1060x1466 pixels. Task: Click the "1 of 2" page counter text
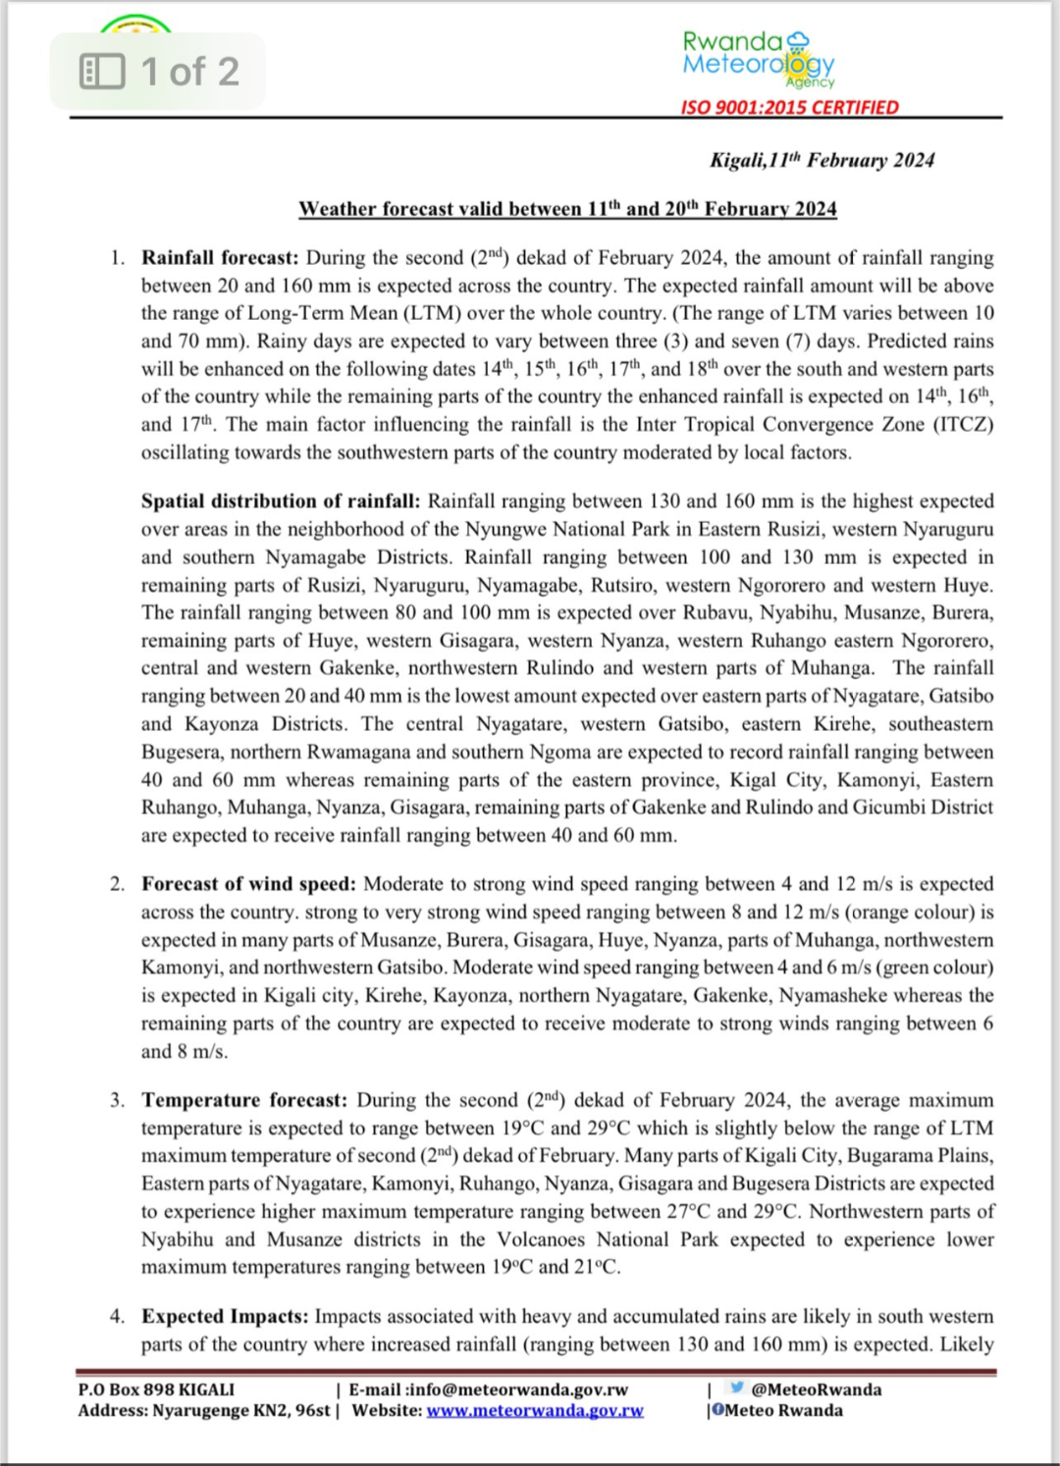(x=189, y=72)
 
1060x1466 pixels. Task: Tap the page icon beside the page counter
(x=102, y=72)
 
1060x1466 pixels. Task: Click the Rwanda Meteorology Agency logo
(x=759, y=58)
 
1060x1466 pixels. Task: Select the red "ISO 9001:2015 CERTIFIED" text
(x=789, y=107)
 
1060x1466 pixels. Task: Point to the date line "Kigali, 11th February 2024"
(x=821, y=160)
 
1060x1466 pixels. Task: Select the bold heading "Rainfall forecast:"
(x=220, y=258)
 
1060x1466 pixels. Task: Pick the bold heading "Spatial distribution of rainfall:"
(x=281, y=501)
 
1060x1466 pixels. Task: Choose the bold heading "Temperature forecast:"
(x=244, y=1100)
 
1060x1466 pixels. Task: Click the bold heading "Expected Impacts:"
(x=225, y=1316)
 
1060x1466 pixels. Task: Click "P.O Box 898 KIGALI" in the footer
(x=156, y=1389)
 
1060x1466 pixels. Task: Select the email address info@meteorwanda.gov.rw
(x=517, y=1389)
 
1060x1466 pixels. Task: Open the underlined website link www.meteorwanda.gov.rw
(x=535, y=1411)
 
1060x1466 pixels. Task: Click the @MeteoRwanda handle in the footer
(x=816, y=1389)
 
